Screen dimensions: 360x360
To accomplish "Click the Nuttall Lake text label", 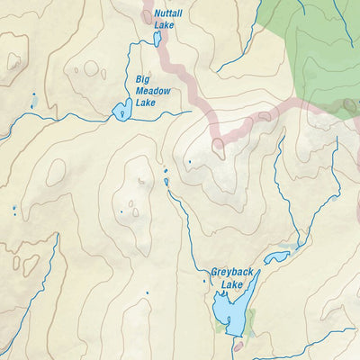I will [167, 20].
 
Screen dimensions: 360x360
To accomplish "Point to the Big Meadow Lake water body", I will [120, 112].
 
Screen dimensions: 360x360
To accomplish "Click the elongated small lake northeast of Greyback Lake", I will [275, 257].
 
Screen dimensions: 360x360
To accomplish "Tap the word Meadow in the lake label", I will [152, 90].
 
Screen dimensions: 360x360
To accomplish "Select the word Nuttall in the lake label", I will [167, 14].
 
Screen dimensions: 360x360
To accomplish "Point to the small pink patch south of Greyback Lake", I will [238, 345].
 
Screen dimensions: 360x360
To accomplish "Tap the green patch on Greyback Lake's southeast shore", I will [251, 317].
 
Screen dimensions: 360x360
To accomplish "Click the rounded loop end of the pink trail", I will [218, 149].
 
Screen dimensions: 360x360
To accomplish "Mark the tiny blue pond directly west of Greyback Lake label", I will [203, 282].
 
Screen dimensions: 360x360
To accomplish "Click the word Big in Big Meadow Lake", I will [142, 79].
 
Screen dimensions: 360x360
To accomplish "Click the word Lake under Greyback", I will [232, 284].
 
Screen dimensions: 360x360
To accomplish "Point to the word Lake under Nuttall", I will [164, 25].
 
